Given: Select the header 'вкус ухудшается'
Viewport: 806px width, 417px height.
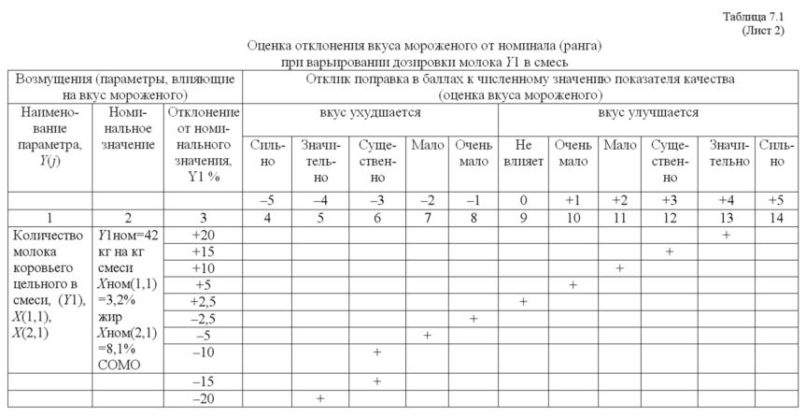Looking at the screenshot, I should pos(370,113).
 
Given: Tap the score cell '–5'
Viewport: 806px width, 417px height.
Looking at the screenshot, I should pos(267,200).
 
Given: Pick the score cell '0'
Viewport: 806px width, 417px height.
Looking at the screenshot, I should pos(522,200).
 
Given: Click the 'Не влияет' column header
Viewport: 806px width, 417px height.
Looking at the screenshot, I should pos(522,154).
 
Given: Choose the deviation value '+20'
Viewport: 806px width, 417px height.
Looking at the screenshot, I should pos(203,235).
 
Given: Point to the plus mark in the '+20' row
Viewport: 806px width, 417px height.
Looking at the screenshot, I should pos(727,235).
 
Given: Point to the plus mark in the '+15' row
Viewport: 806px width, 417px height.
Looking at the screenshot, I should pos(669,252).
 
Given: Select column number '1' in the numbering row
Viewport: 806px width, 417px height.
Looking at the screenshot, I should pos(49,218).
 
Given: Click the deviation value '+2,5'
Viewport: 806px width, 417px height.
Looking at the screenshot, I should pos(203,302).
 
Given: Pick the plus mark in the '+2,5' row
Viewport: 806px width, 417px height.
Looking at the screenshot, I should pos(523,302).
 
